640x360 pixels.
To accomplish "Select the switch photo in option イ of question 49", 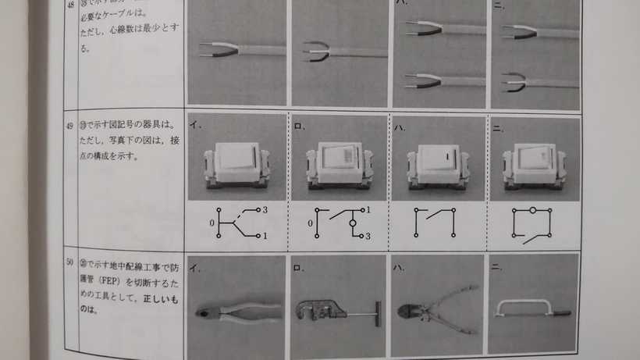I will click(x=236, y=165).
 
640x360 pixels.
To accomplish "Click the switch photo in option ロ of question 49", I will click(x=338, y=165).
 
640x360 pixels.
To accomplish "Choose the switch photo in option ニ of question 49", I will click(x=533, y=165).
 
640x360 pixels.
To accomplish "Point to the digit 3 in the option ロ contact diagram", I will click(x=368, y=237).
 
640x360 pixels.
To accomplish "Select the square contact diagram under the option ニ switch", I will click(x=532, y=223).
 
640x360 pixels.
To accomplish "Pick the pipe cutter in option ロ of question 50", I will click(x=336, y=311).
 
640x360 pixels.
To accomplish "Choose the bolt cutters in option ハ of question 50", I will click(x=434, y=309).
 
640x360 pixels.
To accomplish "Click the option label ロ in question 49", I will click(x=297, y=123).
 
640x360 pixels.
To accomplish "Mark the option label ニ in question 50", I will click(x=496, y=266).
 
